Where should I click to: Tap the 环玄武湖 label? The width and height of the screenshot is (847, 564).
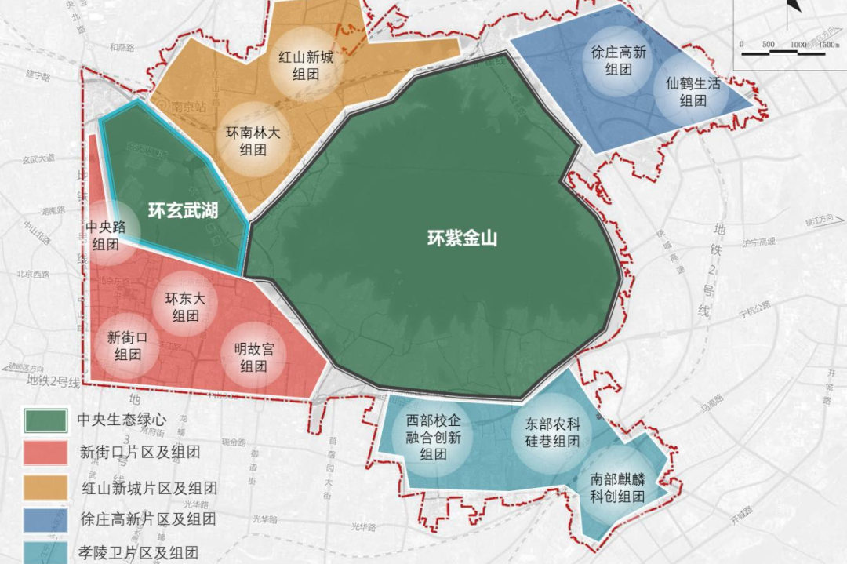coord(184,210)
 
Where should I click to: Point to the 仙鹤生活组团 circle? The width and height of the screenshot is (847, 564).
coord(693,92)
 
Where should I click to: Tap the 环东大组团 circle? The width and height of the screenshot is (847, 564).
coord(185,307)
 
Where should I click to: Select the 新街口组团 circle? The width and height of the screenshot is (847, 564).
coord(127,345)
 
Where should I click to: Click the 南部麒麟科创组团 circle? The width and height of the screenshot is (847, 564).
coord(617,487)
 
